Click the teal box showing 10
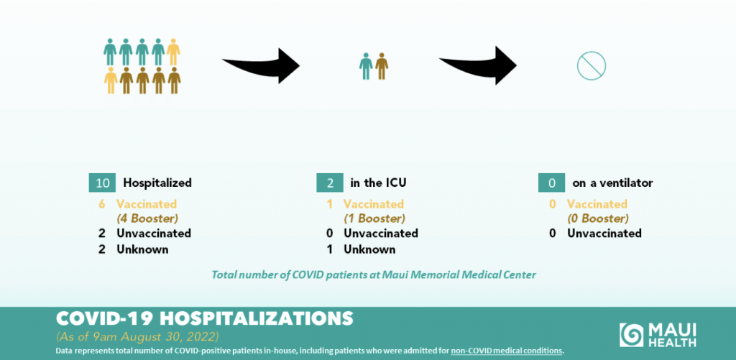point(102,183)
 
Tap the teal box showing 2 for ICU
point(330,183)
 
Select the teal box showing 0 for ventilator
point(551,183)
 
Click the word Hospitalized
point(157,183)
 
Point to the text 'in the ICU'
point(378,183)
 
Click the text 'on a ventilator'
point(612,183)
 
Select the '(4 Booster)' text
point(147,218)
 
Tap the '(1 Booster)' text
point(374,218)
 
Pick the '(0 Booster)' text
point(597,218)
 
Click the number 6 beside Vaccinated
point(102,204)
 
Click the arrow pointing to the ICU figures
point(261,65)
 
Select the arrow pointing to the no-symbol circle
point(478,65)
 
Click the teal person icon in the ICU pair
point(366,65)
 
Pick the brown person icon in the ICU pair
point(382,65)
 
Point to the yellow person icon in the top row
point(174,52)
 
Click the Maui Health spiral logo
point(631,335)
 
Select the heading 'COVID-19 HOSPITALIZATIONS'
point(205,318)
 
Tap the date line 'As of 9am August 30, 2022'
point(137,337)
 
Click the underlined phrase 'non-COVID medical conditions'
point(506,351)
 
